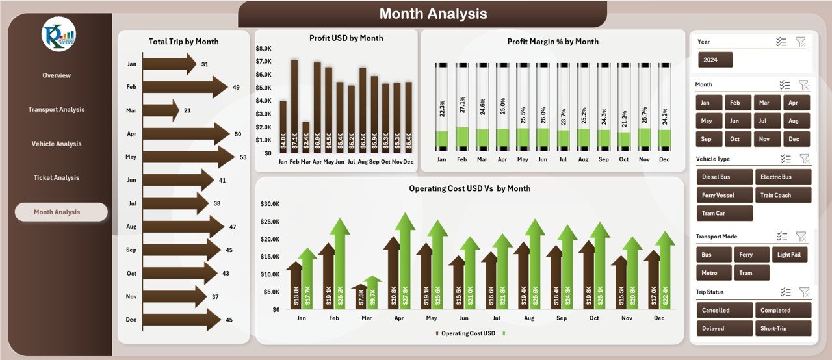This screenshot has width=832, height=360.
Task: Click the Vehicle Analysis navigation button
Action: point(57,144)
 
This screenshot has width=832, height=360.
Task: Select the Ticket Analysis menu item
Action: point(57,177)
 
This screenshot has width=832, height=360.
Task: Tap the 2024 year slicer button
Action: point(715,60)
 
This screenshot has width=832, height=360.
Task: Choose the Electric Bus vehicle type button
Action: point(783,177)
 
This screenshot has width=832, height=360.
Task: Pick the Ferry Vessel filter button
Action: point(724,195)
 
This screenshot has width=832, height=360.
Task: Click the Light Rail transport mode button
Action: point(790,255)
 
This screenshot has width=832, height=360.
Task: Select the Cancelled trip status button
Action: point(724,310)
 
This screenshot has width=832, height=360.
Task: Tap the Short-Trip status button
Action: point(783,328)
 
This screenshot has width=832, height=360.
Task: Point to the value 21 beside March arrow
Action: point(187,110)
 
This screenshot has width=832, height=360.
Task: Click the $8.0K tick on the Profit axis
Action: point(263,49)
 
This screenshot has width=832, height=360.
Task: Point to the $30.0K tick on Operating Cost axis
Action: point(270,204)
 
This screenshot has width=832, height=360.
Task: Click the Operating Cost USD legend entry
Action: point(465,333)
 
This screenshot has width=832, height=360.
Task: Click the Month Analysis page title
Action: point(433,14)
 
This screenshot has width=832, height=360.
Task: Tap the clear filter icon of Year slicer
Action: point(800,42)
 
